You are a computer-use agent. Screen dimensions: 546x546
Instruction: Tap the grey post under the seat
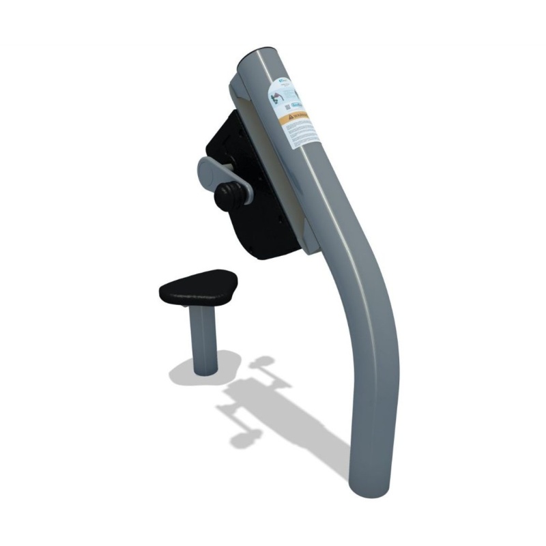(205, 341)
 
